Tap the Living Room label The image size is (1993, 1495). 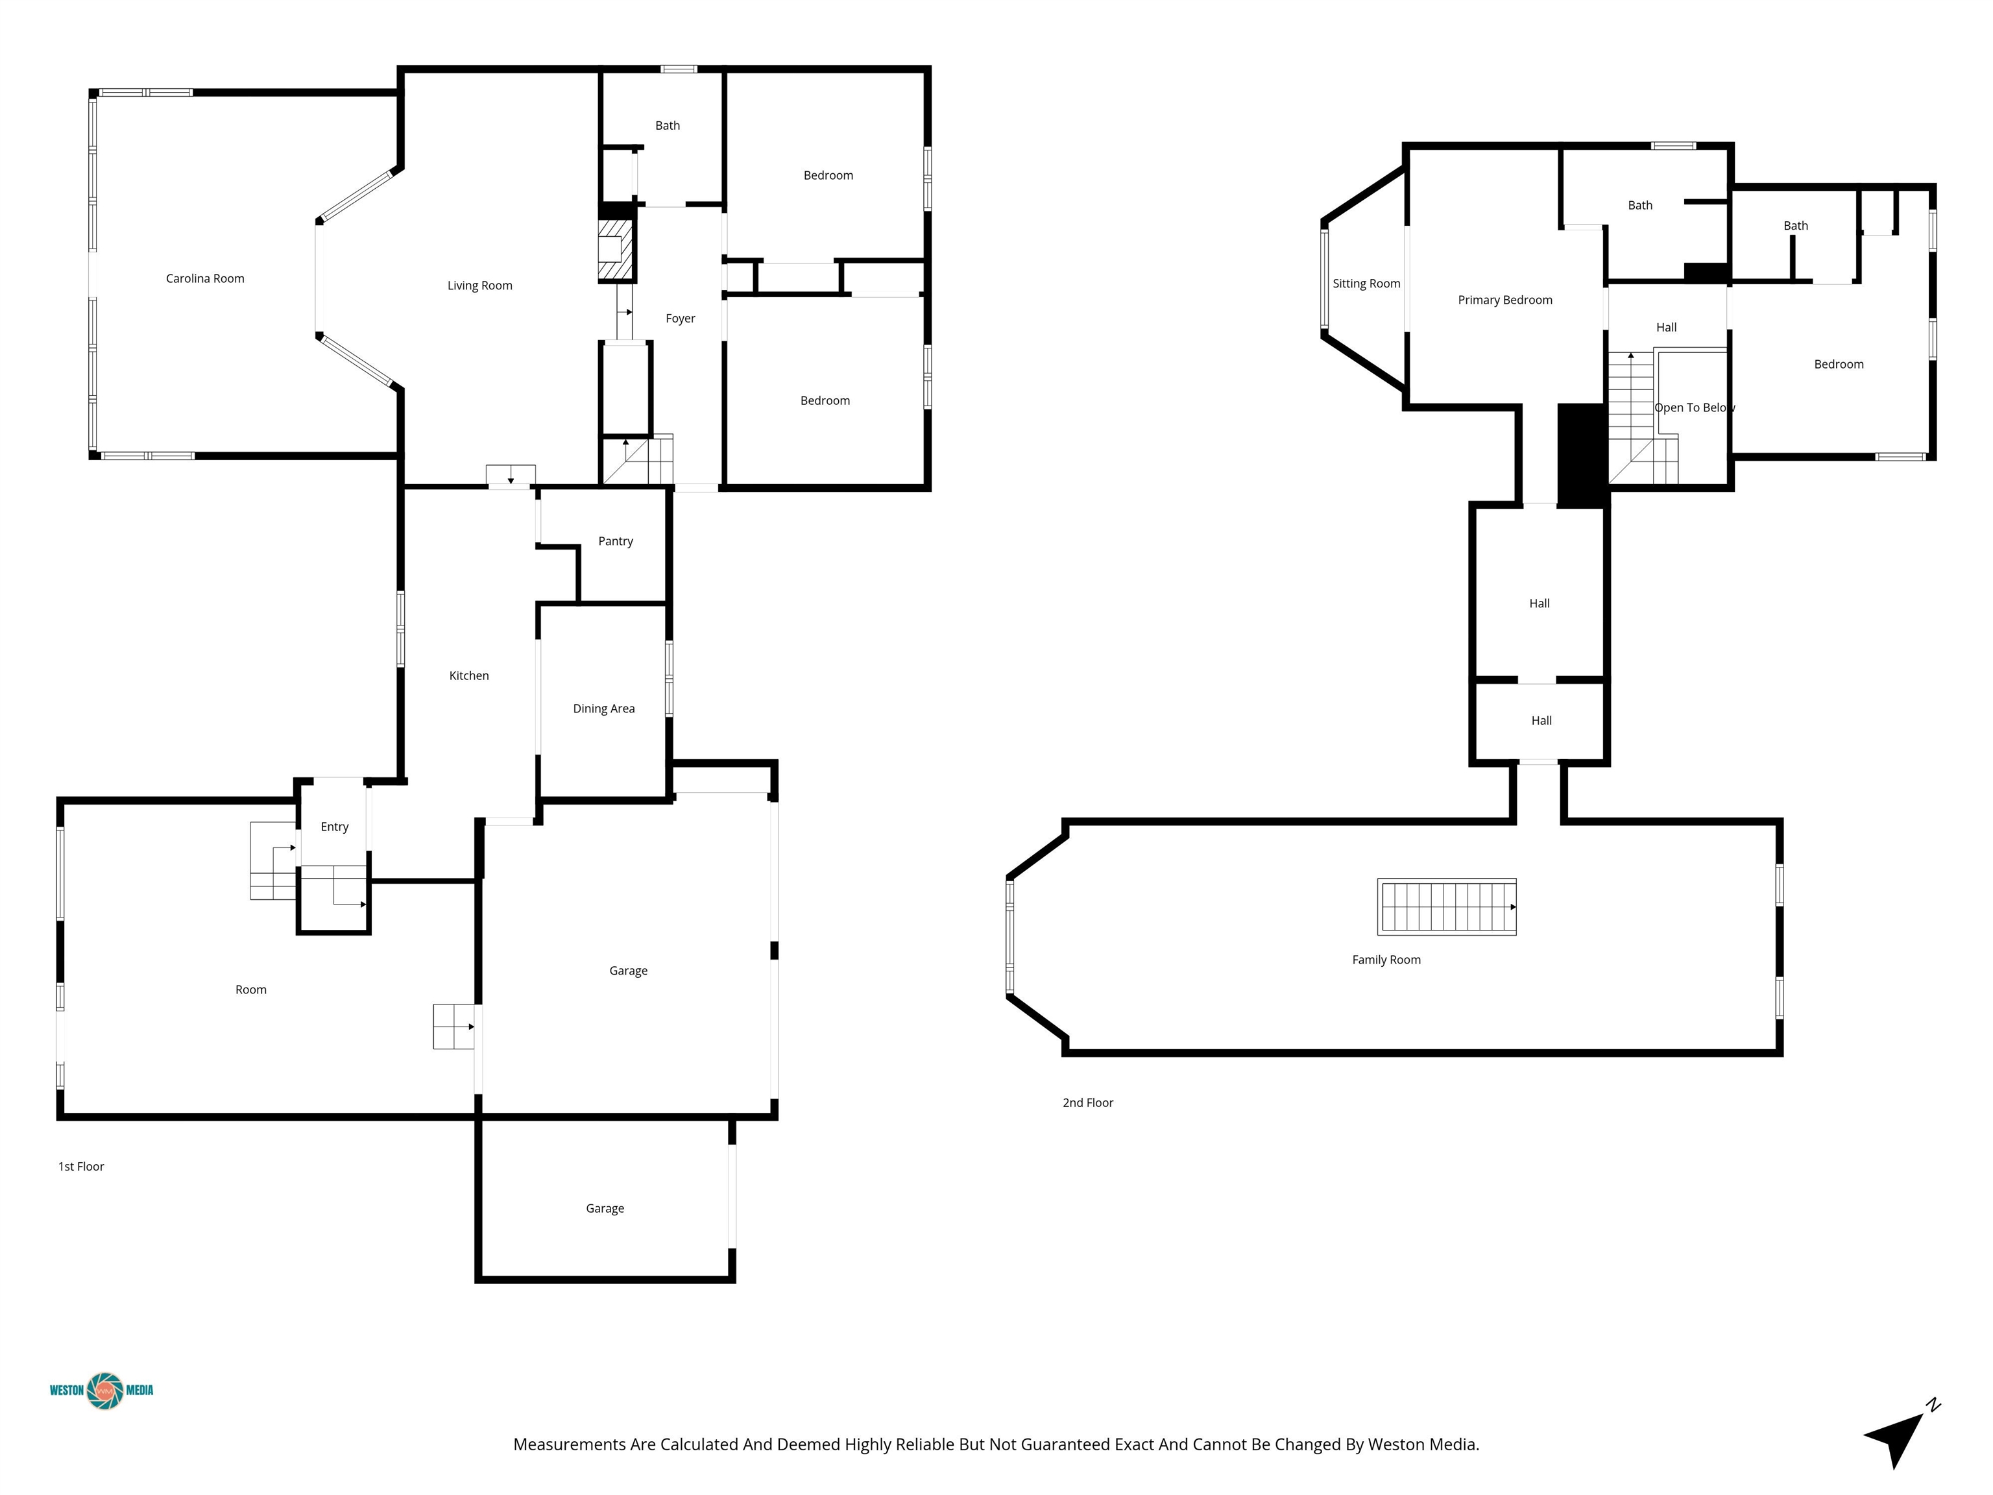click(479, 286)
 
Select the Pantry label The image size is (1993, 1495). click(616, 541)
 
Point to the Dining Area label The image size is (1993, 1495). click(603, 709)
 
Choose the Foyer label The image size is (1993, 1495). click(681, 318)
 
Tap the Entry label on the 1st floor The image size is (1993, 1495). click(334, 827)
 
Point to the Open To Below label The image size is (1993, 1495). click(1695, 407)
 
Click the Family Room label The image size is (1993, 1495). click(1386, 960)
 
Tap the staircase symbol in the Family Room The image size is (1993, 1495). click(1447, 906)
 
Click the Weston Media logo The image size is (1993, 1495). click(102, 1391)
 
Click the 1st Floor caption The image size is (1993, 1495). click(81, 1166)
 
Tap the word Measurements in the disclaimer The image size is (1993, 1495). click(570, 1444)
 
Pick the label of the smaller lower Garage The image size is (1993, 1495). click(605, 1208)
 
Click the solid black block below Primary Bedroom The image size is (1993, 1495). click(1583, 455)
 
